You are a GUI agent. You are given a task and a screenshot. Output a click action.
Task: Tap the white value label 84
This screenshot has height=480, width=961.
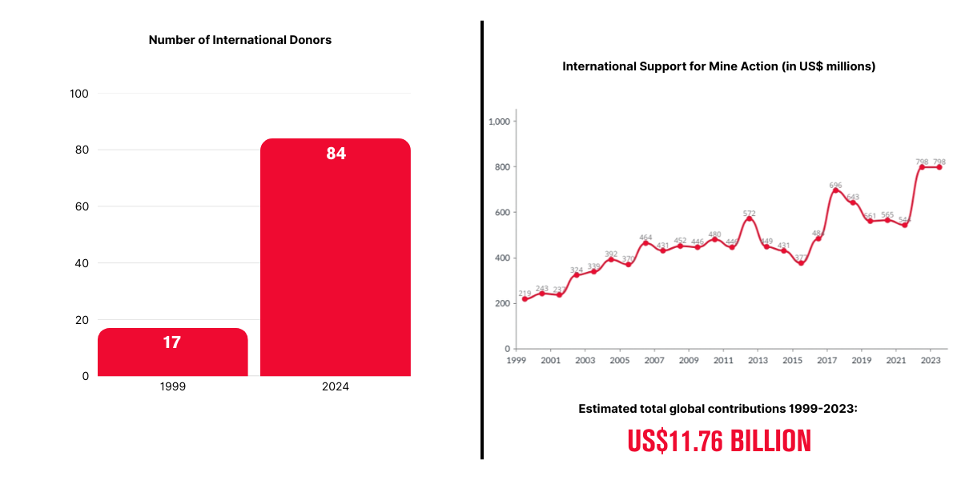(336, 154)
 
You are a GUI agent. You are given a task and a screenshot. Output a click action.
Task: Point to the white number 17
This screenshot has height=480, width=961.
(171, 342)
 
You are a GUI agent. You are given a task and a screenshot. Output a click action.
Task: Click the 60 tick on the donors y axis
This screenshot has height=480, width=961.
(81, 206)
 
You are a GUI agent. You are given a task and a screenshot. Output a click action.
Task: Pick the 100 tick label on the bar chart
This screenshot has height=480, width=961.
(79, 94)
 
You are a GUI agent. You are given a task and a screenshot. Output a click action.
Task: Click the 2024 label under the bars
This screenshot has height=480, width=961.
(336, 386)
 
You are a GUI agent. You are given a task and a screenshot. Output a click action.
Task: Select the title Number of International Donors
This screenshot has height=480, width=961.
(240, 40)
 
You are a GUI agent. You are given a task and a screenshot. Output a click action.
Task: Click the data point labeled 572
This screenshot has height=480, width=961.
(749, 219)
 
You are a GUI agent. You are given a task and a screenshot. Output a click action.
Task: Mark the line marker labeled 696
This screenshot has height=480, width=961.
(835, 190)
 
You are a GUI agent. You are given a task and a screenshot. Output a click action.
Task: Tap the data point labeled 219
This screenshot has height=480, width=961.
(525, 299)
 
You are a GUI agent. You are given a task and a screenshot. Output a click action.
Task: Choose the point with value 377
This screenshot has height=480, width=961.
(801, 263)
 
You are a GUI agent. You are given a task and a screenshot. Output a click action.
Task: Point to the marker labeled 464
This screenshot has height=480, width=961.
(645, 243)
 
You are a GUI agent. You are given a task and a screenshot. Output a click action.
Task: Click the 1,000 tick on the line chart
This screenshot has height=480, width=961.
(499, 122)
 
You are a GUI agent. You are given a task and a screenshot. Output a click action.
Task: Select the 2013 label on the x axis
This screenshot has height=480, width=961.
(758, 361)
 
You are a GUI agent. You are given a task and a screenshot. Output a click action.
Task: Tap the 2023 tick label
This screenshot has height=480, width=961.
(931, 361)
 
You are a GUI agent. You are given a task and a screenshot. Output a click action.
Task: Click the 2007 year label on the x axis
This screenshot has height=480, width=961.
(654, 361)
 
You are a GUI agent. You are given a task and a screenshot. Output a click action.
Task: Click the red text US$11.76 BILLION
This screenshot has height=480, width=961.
(719, 442)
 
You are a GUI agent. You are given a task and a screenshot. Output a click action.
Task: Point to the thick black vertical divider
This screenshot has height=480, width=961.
(482, 240)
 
